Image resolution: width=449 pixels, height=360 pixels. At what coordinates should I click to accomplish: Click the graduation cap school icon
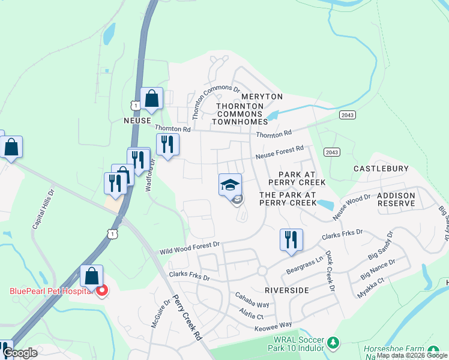(x=230, y=185)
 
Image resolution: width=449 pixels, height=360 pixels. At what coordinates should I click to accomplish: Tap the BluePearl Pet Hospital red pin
(x=101, y=292)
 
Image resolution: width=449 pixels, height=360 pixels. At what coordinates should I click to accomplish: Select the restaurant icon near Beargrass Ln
(x=291, y=240)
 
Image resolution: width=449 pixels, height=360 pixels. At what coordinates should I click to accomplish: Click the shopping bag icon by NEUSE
(x=152, y=99)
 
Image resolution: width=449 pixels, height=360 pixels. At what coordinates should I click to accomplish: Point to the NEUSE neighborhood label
(x=136, y=120)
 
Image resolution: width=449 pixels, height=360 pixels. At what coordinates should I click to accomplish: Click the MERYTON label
(x=262, y=97)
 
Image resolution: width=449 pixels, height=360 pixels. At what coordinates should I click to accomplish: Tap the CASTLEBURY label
(x=381, y=169)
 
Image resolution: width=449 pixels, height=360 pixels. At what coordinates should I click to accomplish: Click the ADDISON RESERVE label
(x=396, y=200)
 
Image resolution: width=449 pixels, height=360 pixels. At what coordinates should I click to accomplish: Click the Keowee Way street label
(x=273, y=325)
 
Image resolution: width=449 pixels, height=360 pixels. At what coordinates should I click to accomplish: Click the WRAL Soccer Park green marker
(x=333, y=344)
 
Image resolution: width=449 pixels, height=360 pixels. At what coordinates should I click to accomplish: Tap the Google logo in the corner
(x=20, y=353)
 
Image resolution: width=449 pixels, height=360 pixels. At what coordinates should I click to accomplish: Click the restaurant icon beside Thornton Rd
(x=167, y=144)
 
